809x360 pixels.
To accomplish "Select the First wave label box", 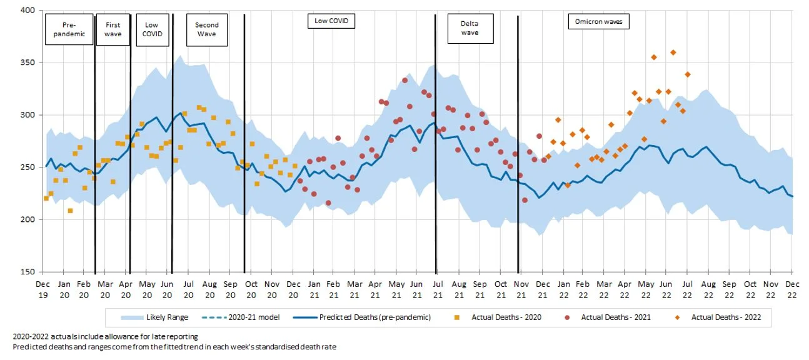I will coord(113,29).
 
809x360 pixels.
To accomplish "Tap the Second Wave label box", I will coord(206,29).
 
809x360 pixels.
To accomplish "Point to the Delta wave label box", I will coord(470,28).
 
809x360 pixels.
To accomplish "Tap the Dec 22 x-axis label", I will coord(791,289).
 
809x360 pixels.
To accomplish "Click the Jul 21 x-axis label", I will coord(438,289).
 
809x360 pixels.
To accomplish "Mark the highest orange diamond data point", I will coord(673,52).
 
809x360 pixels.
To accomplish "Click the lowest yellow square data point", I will coord(70,211).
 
